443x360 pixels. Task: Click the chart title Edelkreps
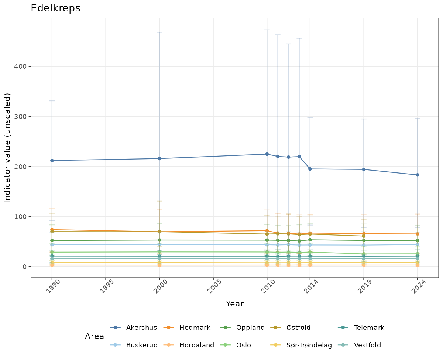(x=55, y=8)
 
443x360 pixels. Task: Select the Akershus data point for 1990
(x=52, y=161)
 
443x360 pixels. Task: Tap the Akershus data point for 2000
(x=159, y=159)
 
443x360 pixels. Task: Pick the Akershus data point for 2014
(x=310, y=169)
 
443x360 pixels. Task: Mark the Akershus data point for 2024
(x=418, y=175)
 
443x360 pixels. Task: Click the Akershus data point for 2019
(x=364, y=169)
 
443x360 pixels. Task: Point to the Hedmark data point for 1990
(x=52, y=230)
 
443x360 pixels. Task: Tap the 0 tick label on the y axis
(x=24, y=267)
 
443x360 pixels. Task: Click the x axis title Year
(x=235, y=304)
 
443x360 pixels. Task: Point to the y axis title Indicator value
(x=8, y=148)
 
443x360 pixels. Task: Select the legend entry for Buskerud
(x=142, y=345)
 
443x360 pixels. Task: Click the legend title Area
(x=95, y=336)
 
